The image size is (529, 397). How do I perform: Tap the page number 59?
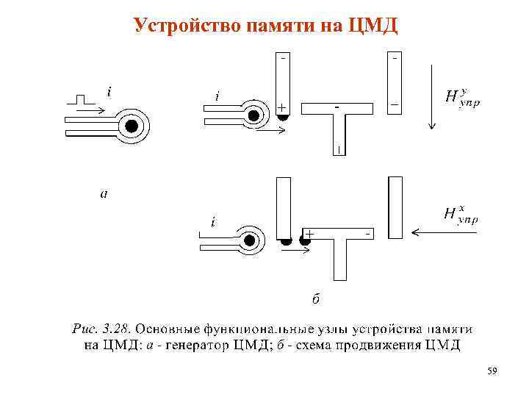pos(492,372)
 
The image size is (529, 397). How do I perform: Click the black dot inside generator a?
pos(132,126)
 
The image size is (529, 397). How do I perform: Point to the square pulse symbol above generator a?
pos(84,99)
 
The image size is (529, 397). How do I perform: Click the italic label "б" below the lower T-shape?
pos(314,298)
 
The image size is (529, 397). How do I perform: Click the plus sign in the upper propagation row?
pos(281,108)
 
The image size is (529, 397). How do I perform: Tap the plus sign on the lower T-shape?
pos(310,233)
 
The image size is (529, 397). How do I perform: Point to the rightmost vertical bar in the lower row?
pos(395,207)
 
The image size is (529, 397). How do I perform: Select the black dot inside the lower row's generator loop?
pos(250,240)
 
